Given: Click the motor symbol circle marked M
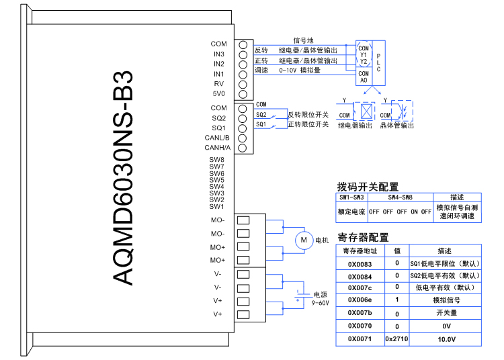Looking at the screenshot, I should [x=302, y=240].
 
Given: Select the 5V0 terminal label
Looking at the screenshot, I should [x=219, y=93].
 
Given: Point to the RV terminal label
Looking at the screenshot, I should [x=219, y=83].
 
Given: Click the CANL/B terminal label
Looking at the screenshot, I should [x=217, y=138].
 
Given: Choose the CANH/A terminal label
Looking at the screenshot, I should [x=217, y=147].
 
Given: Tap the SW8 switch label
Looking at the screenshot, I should [x=216, y=160].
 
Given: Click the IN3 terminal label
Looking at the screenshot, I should [x=219, y=54].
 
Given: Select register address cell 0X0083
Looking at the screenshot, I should [x=360, y=264].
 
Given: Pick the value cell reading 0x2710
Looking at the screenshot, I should [x=396, y=339].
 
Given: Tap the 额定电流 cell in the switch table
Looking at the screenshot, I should [x=351, y=212].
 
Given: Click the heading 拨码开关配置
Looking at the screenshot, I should [x=367, y=187].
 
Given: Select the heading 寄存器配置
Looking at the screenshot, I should [x=362, y=237].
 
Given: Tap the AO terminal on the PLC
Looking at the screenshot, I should [x=364, y=80].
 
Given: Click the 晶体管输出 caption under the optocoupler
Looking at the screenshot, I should [x=396, y=125].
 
